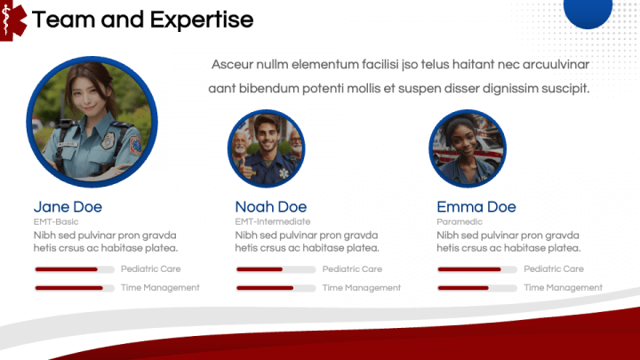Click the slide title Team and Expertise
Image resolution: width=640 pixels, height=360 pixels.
point(142,20)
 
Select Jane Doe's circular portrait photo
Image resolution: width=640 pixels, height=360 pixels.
point(92,123)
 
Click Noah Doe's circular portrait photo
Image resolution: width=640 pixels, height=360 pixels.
point(266,148)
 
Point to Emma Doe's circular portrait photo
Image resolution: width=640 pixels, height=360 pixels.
point(468,148)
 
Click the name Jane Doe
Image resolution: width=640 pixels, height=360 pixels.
point(68,207)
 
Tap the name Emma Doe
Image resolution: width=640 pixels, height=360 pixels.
point(476,207)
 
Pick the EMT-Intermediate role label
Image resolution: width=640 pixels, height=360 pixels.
point(272,221)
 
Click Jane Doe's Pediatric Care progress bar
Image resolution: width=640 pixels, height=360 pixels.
point(74,268)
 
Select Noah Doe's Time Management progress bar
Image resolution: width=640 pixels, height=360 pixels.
point(276,288)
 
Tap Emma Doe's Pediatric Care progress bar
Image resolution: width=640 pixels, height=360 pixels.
point(477,268)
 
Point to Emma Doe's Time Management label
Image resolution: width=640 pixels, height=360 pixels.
point(563,288)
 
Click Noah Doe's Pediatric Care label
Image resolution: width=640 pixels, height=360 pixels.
point(352,268)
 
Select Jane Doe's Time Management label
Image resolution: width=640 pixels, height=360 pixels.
point(160,288)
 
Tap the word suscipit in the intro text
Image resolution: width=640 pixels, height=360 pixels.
point(562,89)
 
